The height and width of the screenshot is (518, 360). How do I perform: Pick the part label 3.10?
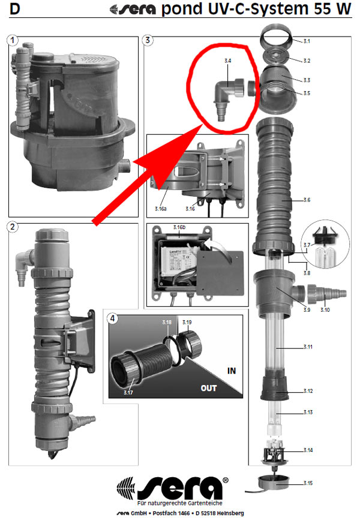[x=325, y=310]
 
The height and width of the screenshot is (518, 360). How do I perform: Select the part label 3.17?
[x=128, y=393]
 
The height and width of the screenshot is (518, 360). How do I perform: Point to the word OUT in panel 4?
[x=209, y=388]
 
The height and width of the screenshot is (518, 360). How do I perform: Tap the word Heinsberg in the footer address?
[x=227, y=513]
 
